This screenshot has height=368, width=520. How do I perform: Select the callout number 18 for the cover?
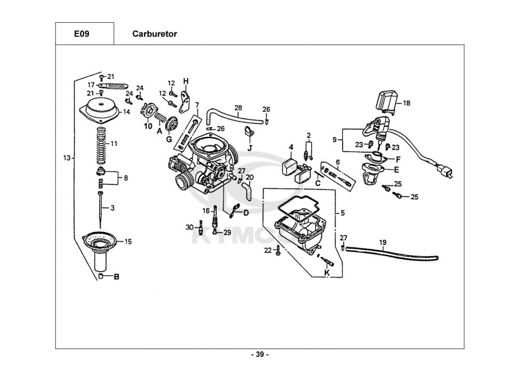[407, 103]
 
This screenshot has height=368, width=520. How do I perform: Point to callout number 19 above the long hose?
[383, 242]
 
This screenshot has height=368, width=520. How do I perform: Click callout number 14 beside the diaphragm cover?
[126, 112]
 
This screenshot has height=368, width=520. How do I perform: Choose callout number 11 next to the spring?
[114, 143]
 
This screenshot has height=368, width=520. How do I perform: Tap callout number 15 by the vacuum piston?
[128, 242]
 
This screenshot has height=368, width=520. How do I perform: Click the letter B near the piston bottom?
[116, 276]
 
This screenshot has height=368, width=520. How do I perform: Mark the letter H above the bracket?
[186, 81]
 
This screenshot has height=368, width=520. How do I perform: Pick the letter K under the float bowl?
[327, 272]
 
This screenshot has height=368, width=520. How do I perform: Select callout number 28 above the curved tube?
[238, 108]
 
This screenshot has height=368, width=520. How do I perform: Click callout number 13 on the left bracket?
[66, 157]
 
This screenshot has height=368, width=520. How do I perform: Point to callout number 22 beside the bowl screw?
[268, 250]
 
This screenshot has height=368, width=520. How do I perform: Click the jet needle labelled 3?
[100, 208]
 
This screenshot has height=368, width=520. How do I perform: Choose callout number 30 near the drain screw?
[189, 227]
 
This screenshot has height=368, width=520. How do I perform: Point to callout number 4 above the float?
[292, 147]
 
